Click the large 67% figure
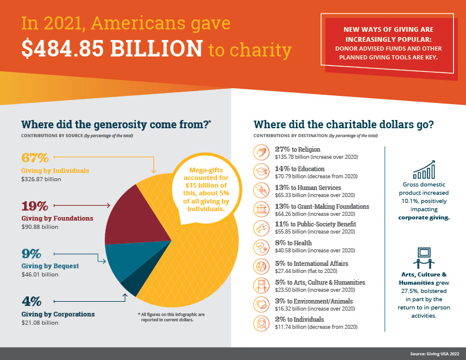[x=35, y=158]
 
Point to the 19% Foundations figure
[x=35, y=206]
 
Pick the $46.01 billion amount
[x=40, y=275]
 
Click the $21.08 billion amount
[x=40, y=322]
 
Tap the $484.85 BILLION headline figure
[x=112, y=48]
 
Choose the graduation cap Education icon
[x=261, y=171]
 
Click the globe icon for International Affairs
[x=261, y=266]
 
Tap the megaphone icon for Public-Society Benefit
[x=261, y=228]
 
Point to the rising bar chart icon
[x=424, y=169]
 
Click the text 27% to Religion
[x=298, y=149]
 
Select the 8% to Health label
[x=294, y=243]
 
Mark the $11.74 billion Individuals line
[x=316, y=326]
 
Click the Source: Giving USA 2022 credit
[x=434, y=354]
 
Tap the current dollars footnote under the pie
[x=171, y=317]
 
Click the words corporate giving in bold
[x=424, y=218]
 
